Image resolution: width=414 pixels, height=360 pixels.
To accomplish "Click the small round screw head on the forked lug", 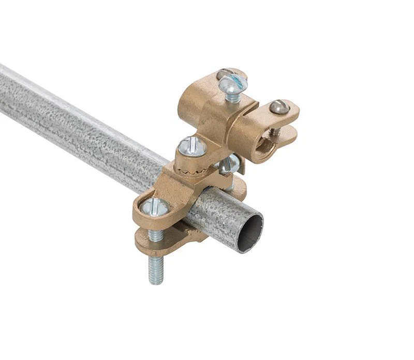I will (x=280, y=107).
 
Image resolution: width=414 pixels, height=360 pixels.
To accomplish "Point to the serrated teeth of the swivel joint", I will (x=193, y=167).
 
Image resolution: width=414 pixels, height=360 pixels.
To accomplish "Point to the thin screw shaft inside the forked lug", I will (x=277, y=131).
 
